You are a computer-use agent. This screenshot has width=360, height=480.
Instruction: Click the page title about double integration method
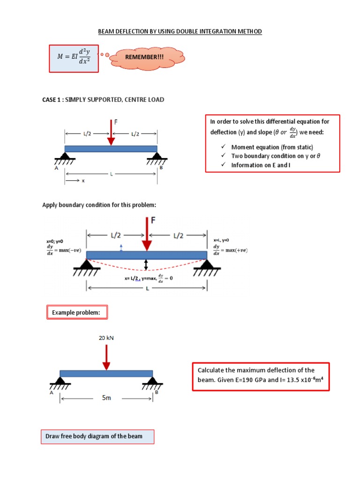coord(180,31)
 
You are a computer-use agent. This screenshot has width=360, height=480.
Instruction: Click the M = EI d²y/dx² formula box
coord(74,59)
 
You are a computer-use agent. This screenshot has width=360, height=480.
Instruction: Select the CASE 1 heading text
coord(103,100)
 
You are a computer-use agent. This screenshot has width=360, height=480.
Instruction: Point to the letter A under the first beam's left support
coord(57,168)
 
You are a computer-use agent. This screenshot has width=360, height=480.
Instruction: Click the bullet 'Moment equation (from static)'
coord(272,147)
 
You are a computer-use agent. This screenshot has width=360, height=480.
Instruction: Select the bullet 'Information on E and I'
coord(261,165)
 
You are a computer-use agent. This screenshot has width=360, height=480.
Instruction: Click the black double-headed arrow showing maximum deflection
coord(146,265)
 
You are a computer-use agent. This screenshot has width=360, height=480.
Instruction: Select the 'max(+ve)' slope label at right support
coord(236,250)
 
